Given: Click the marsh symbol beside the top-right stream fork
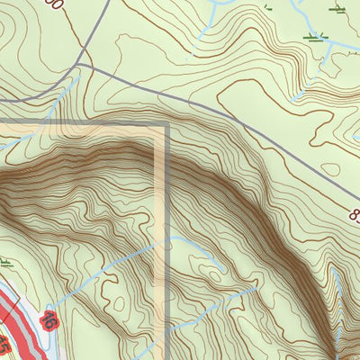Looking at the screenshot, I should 315,36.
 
